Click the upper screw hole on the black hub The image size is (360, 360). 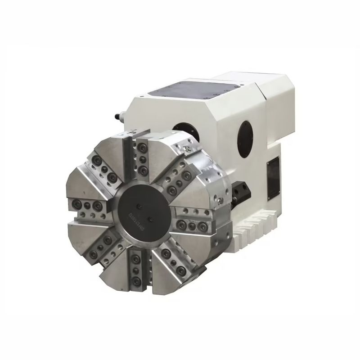140,206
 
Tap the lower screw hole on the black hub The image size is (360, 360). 150,220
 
